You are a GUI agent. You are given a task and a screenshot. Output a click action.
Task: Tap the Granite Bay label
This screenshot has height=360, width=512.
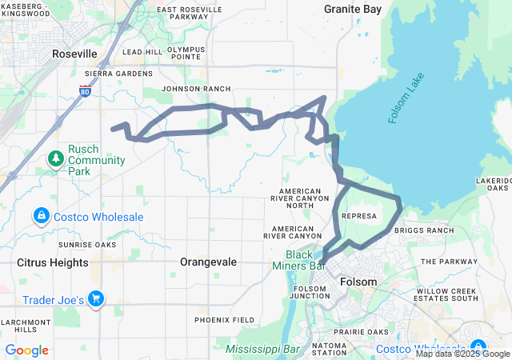tap(352, 9)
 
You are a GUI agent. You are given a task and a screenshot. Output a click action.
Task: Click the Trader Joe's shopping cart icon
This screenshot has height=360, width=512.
tap(97, 298)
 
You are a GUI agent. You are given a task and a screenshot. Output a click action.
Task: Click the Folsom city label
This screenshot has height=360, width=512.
tap(358, 282)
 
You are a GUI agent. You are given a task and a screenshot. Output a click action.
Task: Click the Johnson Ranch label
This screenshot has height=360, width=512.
tap(195, 89)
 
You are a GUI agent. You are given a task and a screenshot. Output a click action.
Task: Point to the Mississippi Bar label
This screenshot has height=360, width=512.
tap(262, 350)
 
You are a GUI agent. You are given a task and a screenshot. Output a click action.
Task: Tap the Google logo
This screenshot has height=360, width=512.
tap(26, 350)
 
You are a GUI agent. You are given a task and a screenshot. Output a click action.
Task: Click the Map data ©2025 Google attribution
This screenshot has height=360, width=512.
tap(462, 354)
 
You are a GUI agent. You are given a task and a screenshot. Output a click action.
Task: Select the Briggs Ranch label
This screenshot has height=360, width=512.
tap(430, 230)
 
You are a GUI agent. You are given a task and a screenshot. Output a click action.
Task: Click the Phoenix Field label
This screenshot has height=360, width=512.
tap(224, 319)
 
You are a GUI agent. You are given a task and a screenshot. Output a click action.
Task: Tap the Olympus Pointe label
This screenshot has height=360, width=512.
tap(186, 53)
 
